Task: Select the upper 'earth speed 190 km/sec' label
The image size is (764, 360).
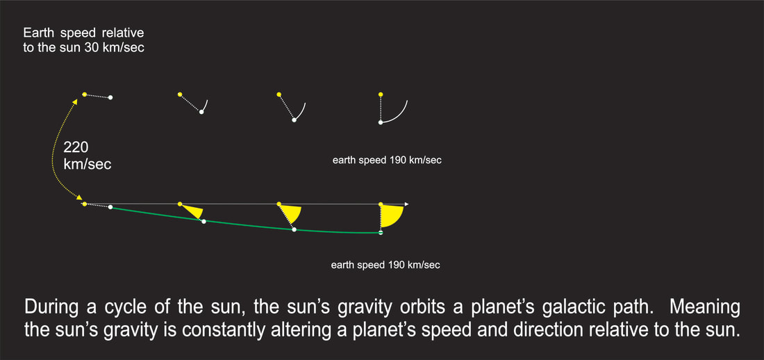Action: point(387,160)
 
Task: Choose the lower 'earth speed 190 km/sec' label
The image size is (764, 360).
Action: point(385,265)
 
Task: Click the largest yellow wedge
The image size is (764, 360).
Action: point(390,215)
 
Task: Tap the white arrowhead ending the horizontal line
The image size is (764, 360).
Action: point(406,204)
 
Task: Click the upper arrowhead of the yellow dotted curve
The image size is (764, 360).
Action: point(75,101)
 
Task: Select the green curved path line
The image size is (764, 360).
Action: point(244,224)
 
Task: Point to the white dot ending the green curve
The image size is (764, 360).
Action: point(381,233)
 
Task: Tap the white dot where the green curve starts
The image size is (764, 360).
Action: point(110,207)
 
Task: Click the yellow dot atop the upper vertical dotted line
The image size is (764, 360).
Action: point(381,94)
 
